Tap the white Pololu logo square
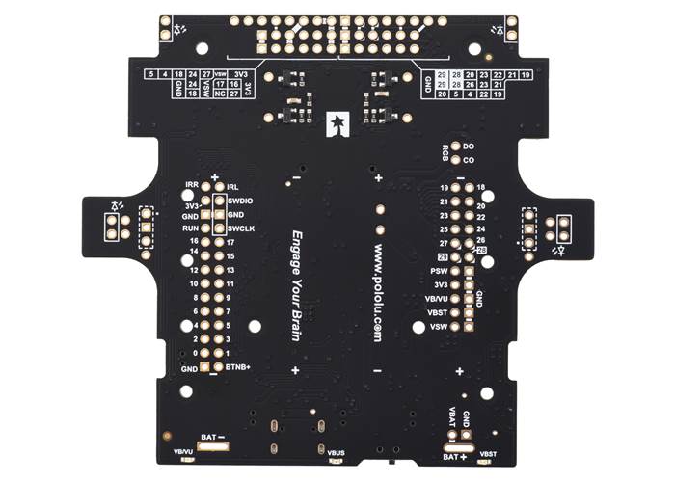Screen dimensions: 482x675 point(337,122)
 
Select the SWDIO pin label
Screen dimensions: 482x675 point(240,201)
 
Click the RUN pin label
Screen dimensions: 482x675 point(193,228)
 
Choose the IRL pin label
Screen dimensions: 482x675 point(232,187)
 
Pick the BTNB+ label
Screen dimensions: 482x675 point(238,367)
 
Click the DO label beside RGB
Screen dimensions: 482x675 point(469,147)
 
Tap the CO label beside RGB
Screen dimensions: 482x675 point(469,160)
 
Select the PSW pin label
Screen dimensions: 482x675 point(439,272)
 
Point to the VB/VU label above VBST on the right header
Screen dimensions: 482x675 point(437,299)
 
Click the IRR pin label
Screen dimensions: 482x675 point(192,187)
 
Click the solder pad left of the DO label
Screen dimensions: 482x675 point(456,147)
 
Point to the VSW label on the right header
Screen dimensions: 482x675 point(439,327)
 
